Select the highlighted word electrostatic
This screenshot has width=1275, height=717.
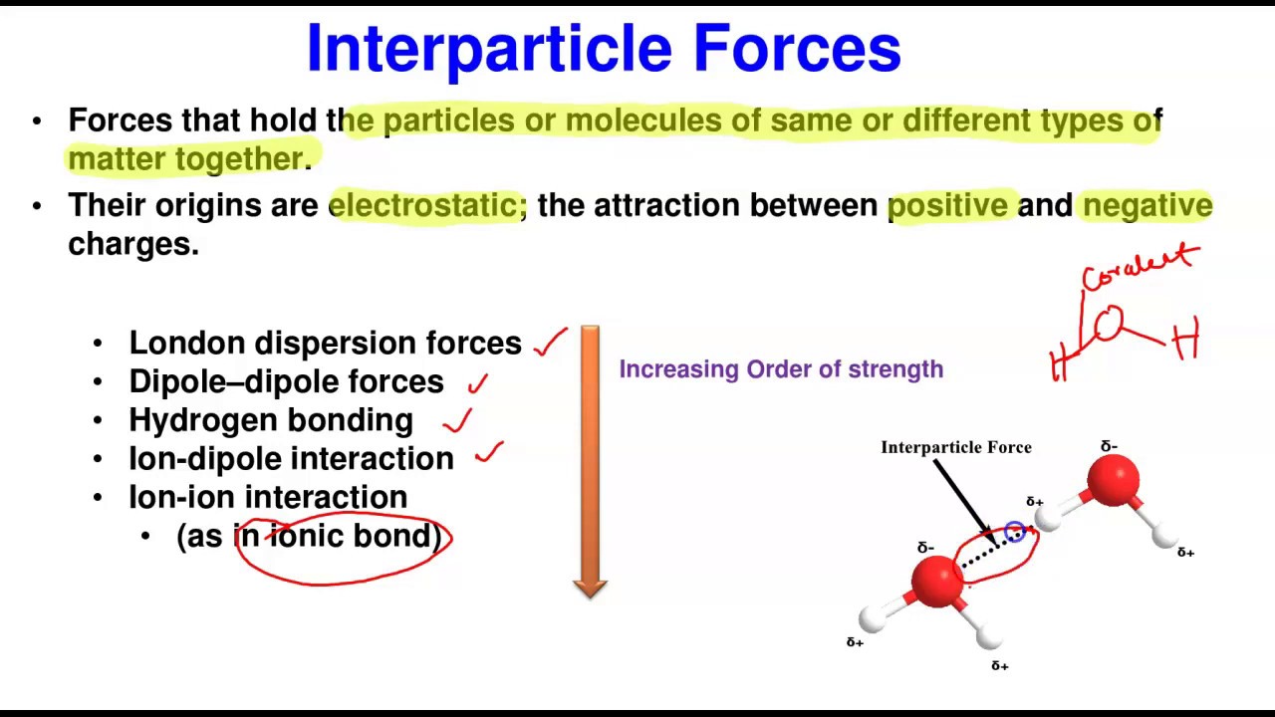tap(423, 205)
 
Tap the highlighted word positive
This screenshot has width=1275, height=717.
tap(947, 205)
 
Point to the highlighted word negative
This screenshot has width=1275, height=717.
tap(1147, 205)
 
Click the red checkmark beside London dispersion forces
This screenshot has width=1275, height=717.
tap(550, 342)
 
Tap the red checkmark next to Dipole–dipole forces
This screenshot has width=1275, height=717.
tap(478, 382)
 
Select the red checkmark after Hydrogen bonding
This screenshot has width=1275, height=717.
tap(457, 421)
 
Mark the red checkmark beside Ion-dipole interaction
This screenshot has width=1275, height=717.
tap(489, 454)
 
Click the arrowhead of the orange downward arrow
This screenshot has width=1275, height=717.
tap(590, 588)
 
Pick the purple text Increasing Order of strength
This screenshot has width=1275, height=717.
tap(781, 369)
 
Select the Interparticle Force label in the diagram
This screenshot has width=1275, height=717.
tap(955, 448)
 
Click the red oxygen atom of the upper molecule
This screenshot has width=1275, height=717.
tap(1113, 480)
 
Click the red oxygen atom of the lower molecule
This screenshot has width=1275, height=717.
tap(937, 581)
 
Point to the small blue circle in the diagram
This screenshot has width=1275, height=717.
tap(1014, 532)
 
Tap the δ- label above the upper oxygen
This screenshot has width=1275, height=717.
tap(1109, 446)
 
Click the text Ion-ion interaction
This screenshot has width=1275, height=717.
tap(268, 497)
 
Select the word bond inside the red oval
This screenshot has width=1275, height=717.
tap(396, 536)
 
